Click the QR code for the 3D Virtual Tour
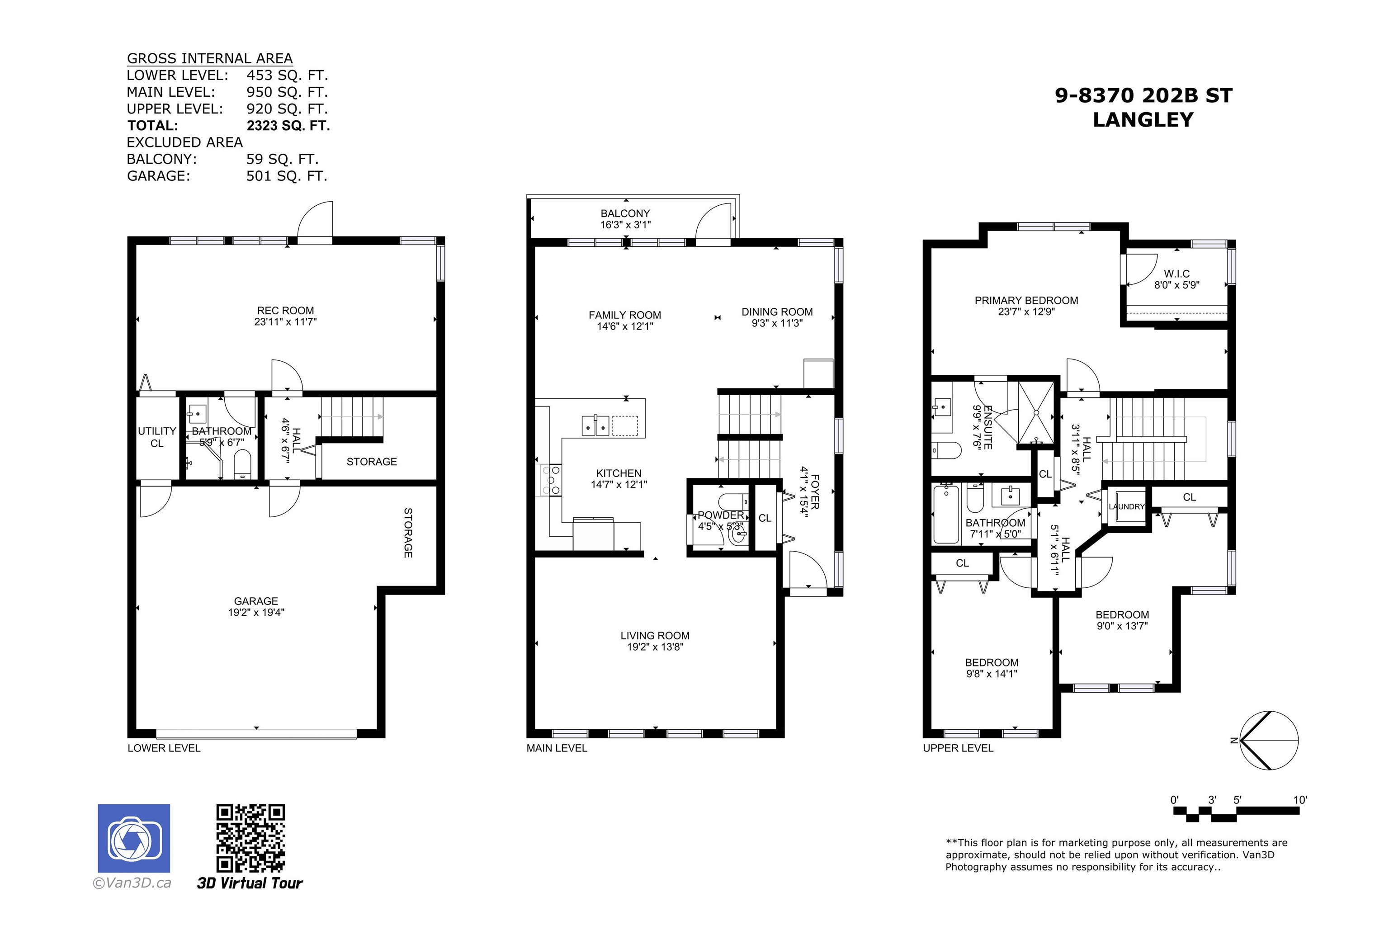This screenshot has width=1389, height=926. (250, 838)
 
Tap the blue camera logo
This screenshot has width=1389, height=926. (134, 838)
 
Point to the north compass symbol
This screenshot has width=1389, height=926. (1267, 741)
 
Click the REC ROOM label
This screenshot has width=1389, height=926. (285, 311)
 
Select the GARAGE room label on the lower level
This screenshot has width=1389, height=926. (256, 601)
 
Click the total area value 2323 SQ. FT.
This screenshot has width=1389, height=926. (288, 126)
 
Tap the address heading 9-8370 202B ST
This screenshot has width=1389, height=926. (1144, 96)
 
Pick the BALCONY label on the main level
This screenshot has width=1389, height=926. (625, 213)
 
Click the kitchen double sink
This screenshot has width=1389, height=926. (595, 425)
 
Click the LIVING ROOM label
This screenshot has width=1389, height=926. (655, 636)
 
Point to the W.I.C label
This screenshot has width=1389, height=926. (1177, 274)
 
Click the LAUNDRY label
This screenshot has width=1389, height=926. (1127, 507)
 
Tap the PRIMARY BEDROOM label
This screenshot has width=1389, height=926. (1026, 301)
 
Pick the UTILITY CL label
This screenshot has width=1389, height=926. (157, 437)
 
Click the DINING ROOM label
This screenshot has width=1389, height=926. (777, 312)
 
